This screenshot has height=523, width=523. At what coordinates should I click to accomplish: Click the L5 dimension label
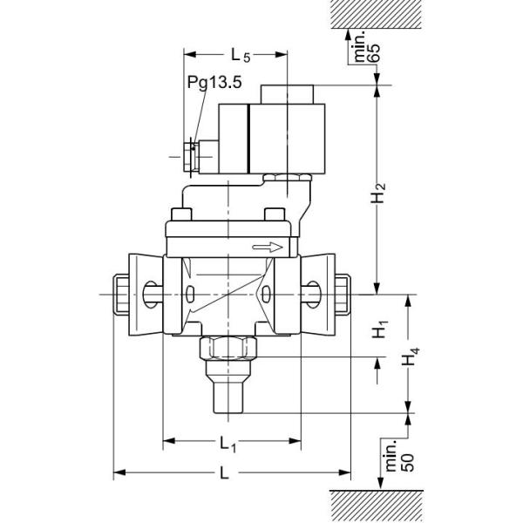click(x=241, y=56)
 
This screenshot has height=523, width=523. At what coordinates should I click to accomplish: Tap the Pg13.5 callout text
click(x=214, y=83)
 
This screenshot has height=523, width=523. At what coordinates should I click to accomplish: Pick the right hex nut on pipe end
click(x=342, y=294)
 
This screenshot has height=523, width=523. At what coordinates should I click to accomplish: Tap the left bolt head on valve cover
click(x=182, y=215)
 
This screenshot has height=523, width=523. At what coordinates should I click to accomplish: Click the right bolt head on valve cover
click(x=274, y=215)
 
